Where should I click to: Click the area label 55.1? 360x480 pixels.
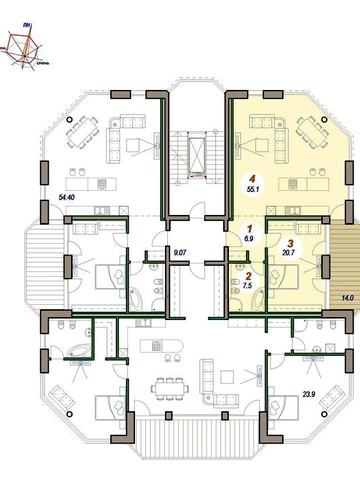point(253,187)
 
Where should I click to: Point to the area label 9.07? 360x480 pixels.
point(180,253)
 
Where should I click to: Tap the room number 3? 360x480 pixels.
point(290,242)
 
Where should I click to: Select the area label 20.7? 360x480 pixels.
point(290,254)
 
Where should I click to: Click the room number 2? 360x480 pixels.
point(249,274)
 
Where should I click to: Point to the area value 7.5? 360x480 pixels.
point(249,284)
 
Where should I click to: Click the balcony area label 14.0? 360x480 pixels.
point(346,298)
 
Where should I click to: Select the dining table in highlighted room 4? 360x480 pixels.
point(312,131)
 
